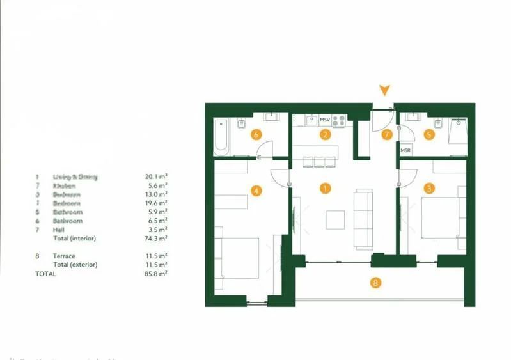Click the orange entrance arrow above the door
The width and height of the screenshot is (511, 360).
pyautogui.click(x=384, y=90)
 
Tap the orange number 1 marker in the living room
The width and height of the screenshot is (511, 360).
pyautogui.click(x=326, y=189)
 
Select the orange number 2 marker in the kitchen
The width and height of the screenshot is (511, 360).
pyautogui.click(x=326, y=134)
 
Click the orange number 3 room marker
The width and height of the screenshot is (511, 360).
pyautogui.click(x=429, y=188)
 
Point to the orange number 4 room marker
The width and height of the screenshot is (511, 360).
pyautogui.click(x=257, y=190)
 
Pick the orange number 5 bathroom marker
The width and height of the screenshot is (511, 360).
pyautogui.click(x=429, y=134)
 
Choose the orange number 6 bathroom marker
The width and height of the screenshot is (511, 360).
pyautogui.click(x=256, y=134)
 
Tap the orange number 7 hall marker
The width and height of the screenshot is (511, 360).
pyautogui.click(x=386, y=134)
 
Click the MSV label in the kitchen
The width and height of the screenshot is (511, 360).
pyautogui.click(x=324, y=120)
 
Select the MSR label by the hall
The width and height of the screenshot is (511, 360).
pyautogui.click(x=405, y=150)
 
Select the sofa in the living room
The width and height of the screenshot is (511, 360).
pyautogui.click(x=364, y=219)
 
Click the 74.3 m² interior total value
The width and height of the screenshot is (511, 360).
pyautogui.click(x=156, y=239)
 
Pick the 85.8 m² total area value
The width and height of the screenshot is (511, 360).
pyautogui.click(x=156, y=274)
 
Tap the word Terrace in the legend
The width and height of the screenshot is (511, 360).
pyautogui.click(x=64, y=256)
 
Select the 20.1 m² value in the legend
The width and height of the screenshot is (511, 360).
pyautogui.click(x=156, y=176)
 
